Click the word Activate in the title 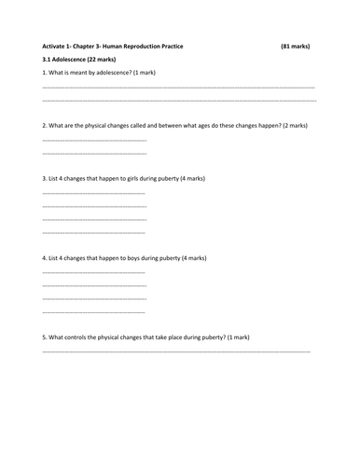pyautogui.click(x=57, y=46)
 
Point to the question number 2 pyautogui.click(x=45, y=125)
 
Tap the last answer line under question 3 pyautogui.click(x=94, y=231)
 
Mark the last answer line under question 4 pyautogui.click(x=94, y=310)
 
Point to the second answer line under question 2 pyautogui.click(x=94, y=152)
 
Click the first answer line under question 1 pyautogui.click(x=178, y=86)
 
